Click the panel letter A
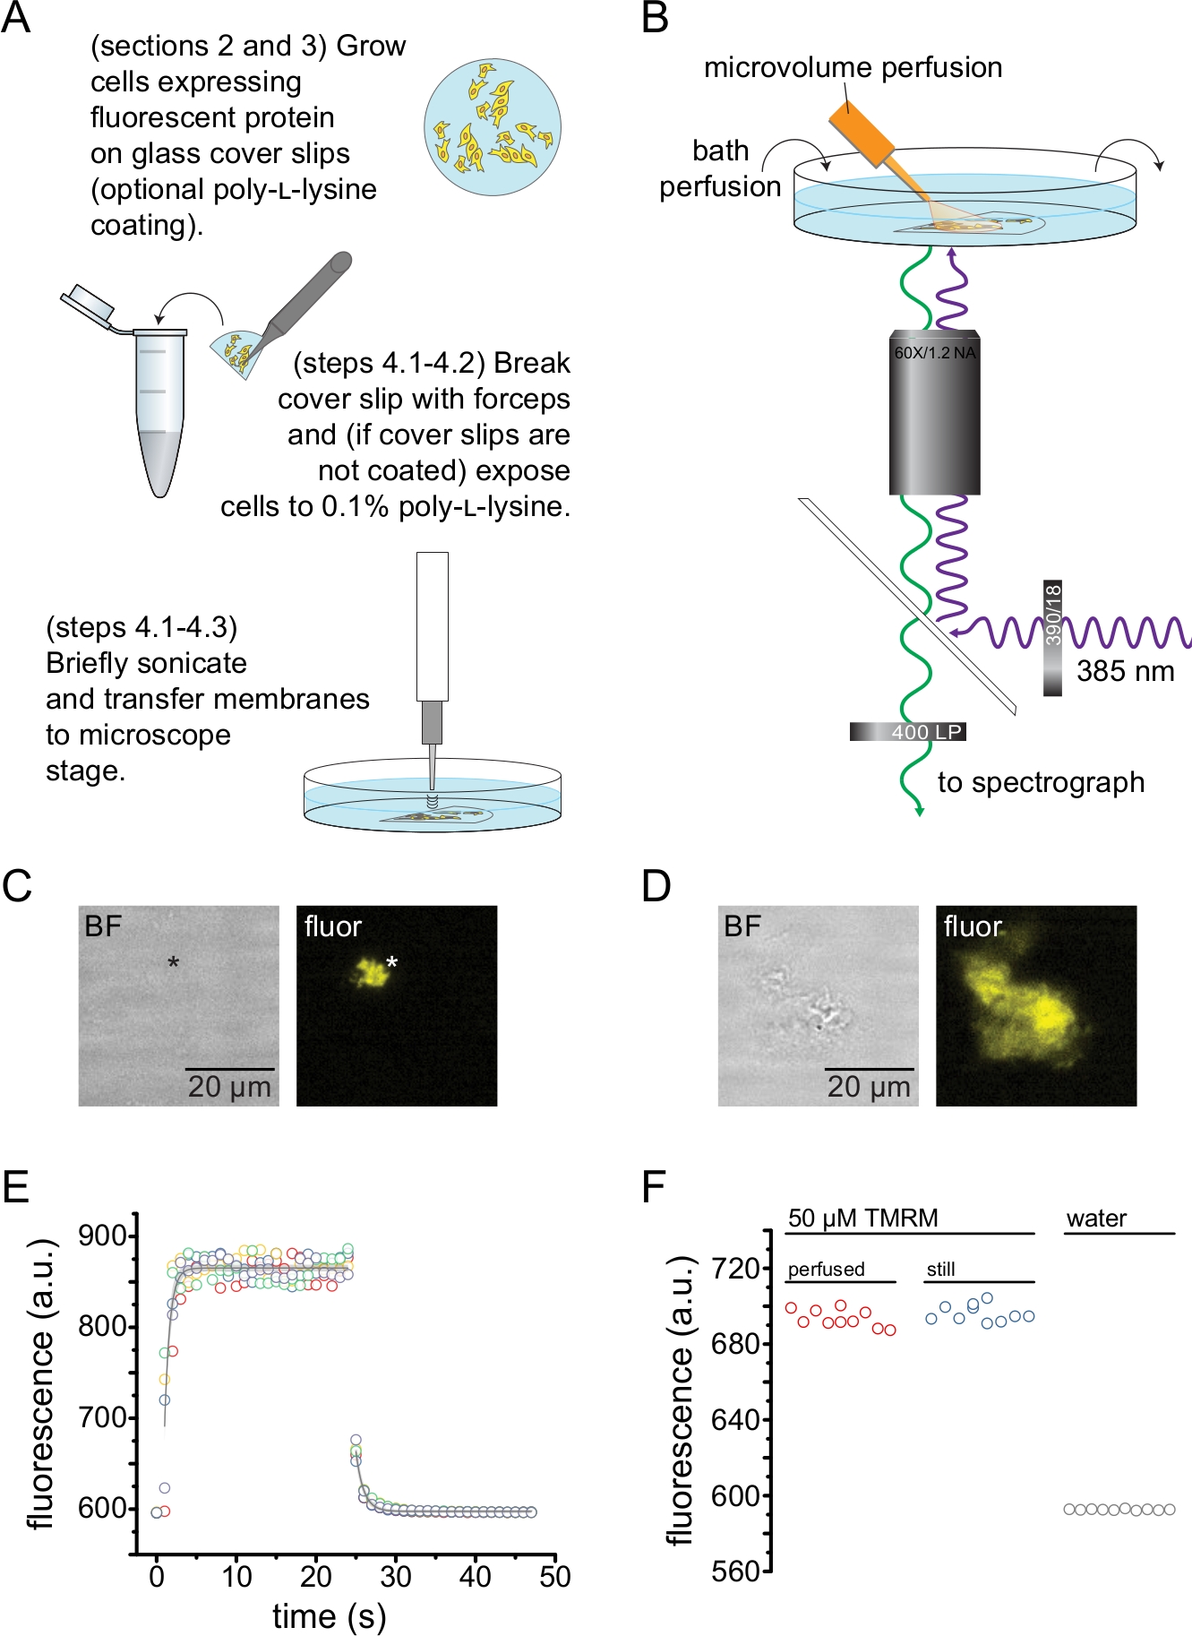tap(16, 18)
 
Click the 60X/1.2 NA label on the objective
tap(934, 352)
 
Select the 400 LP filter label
tap(925, 732)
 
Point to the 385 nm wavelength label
tap(1125, 671)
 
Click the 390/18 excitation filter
tap(1052, 638)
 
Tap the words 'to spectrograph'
tap(1041, 782)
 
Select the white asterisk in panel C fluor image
tap(391, 964)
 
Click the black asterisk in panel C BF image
tap(174, 963)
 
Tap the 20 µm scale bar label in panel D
tap(868, 1087)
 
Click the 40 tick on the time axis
tap(475, 1576)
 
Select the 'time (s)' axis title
tap(329, 1616)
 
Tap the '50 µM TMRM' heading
tap(862, 1218)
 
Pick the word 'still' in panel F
tap(940, 1269)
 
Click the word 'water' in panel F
tap(1096, 1218)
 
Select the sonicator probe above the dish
tap(432, 663)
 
